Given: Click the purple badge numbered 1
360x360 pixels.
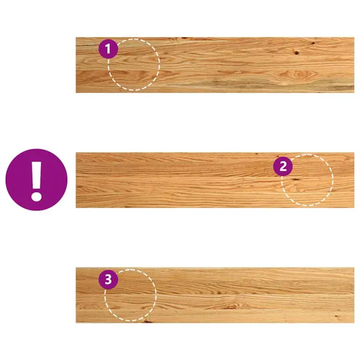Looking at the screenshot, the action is (x=108, y=49).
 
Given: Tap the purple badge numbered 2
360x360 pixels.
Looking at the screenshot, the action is (x=283, y=166).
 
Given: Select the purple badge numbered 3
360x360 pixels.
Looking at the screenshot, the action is (x=108, y=280).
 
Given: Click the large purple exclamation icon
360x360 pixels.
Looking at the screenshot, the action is (x=37, y=180).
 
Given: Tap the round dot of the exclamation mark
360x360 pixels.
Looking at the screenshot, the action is (x=36, y=196).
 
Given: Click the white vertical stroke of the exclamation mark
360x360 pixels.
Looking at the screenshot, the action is (x=37, y=175).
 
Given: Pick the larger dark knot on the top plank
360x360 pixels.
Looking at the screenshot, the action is (x=296, y=53).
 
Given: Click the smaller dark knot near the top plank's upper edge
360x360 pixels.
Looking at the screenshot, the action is (x=313, y=43).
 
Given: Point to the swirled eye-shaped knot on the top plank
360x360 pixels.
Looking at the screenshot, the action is (x=298, y=74).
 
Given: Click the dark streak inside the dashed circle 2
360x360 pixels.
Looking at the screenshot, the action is (x=295, y=179).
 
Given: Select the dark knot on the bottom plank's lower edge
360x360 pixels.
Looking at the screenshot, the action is (x=147, y=321).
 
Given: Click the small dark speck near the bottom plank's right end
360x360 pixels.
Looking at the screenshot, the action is (x=336, y=316).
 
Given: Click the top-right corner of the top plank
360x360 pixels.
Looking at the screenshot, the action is (x=354, y=38).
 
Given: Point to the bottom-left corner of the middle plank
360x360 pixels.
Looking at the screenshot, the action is (x=76, y=208).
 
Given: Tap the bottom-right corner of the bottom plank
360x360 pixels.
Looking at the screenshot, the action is (x=354, y=323).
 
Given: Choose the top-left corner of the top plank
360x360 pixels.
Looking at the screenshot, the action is (x=76, y=38).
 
